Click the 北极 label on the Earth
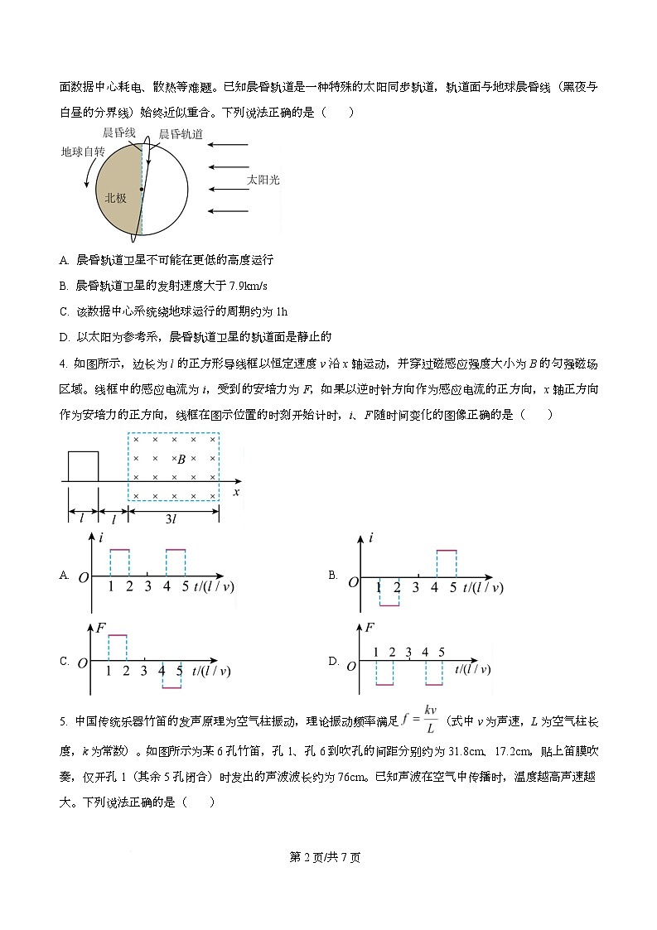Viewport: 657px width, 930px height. coord(116,199)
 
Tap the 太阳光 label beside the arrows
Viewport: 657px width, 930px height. coord(264,179)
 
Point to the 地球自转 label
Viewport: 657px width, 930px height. coord(83,152)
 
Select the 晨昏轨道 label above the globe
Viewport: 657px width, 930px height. coord(181,133)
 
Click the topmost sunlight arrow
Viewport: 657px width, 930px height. coord(229,147)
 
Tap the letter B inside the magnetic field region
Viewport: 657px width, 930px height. coord(181,458)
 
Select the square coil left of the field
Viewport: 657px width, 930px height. coord(83,465)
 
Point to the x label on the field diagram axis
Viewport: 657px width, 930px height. coord(237,492)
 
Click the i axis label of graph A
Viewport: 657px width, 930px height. coord(100,538)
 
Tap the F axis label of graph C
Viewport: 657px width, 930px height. coord(100,628)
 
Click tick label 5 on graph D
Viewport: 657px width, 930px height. coord(442,653)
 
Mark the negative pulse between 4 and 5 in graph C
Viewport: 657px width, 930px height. coord(172,687)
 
